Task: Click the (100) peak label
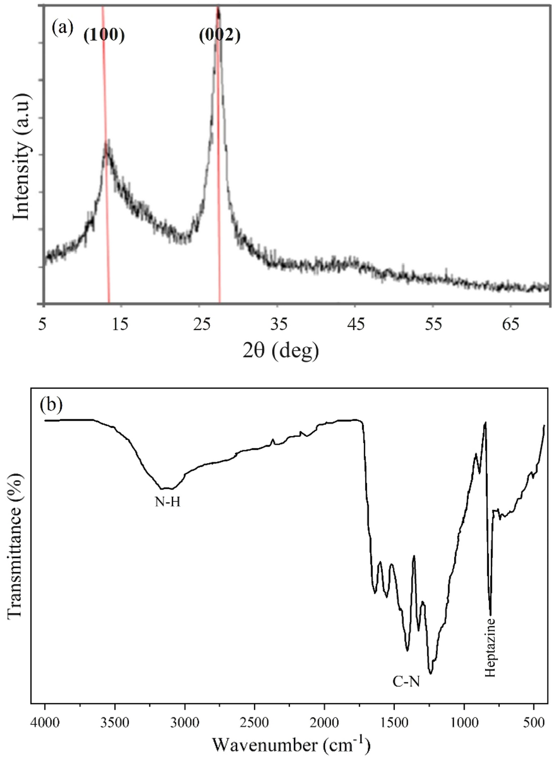coord(104,36)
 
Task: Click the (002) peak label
coord(219,36)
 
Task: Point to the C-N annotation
coord(406,681)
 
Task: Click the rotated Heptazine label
coord(490,648)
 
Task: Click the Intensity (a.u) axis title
coord(22,155)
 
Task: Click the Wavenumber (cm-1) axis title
coord(292,744)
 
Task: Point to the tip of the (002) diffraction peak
coord(218,7)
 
